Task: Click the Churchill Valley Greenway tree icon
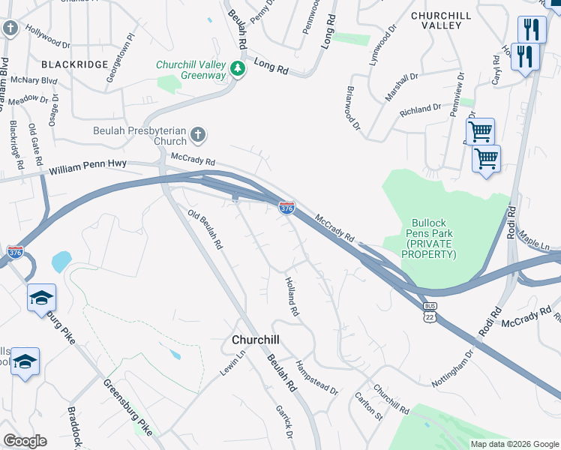point(238,69)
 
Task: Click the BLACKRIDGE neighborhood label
point(75,65)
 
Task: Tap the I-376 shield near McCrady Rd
point(286,208)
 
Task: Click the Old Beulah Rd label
point(205,229)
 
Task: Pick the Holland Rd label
point(291,295)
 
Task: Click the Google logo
point(25,441)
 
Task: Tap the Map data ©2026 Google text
point(514,444)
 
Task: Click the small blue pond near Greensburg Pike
point(61,261)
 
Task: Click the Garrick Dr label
point(284,421)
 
